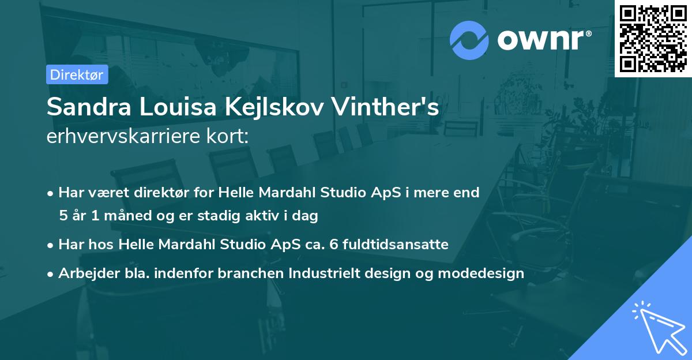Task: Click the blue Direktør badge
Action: pos(77,74)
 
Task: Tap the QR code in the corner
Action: pos(653,38)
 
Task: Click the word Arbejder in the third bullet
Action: pos(85,273)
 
